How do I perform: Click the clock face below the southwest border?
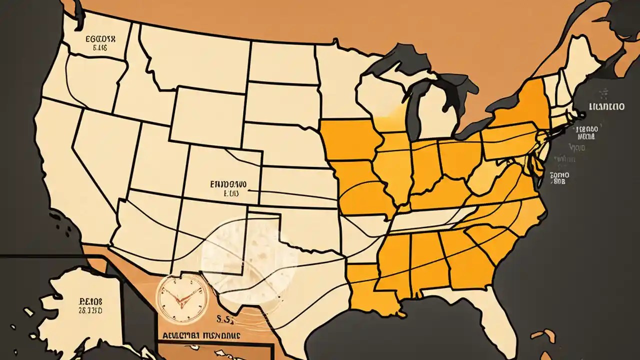(x=182, y=298)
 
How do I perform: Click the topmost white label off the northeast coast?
(x=606, y=106)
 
